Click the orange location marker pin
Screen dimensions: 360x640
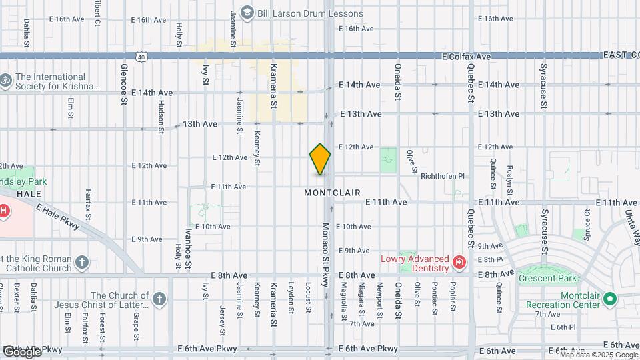(x=320, y=159)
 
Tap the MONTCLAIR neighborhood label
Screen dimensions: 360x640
(x=332, y=193)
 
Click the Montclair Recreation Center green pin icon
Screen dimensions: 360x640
(x=609, y=299)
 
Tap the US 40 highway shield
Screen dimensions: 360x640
(x=141, y=58)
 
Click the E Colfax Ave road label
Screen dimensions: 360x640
(x=467, y=57)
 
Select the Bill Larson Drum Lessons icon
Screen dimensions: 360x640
(x=247, y=13)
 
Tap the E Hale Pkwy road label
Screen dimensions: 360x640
(x=59, y=219)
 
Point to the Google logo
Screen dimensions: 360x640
(x=22, y=351)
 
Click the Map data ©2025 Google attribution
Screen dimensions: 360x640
(x=599, y=355)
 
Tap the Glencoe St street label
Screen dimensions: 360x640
(x=124, y=85)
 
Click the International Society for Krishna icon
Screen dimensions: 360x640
(x=6, y=80)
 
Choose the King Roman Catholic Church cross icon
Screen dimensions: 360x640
(x=82, y=262)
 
